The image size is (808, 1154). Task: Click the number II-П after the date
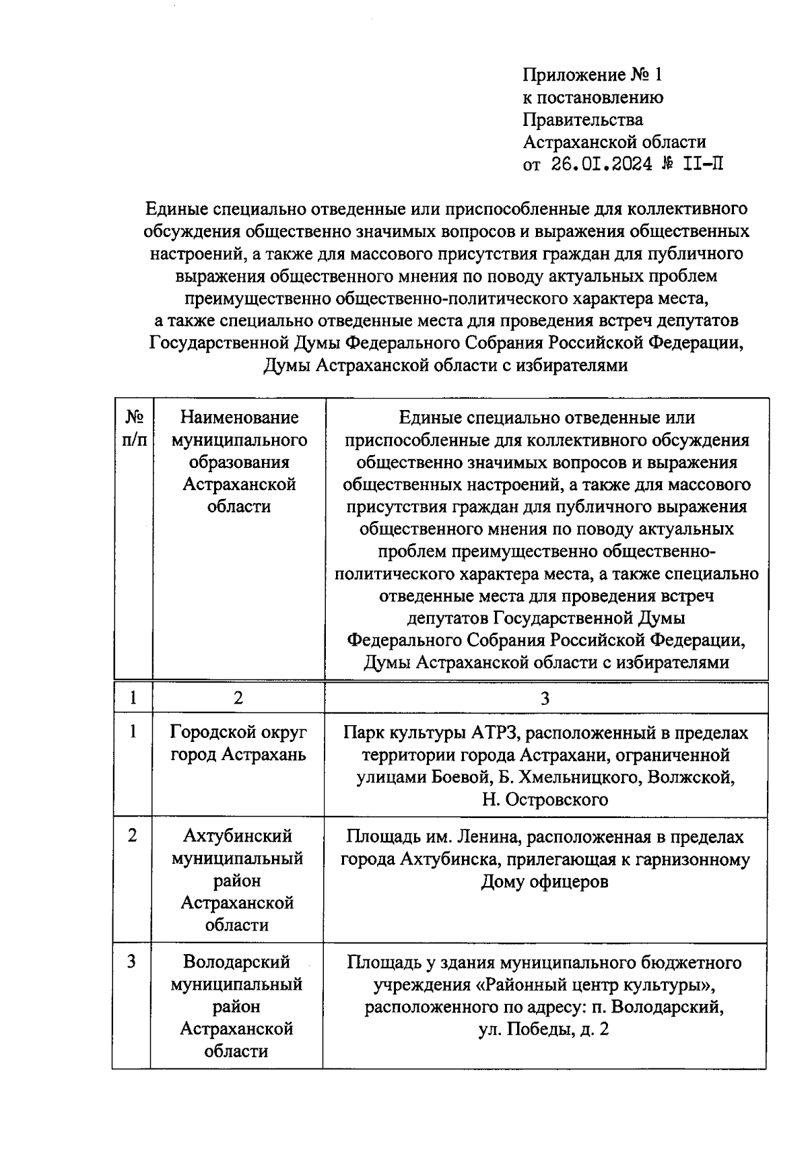tap(703, 164)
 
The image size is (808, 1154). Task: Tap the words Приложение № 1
tap(593, 75)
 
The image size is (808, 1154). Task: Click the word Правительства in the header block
tap(583, 120)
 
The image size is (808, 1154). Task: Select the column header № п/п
tap(133, 428)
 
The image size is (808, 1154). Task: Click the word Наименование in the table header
tap(239, 417)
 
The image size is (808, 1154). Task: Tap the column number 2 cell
tap(238, 698)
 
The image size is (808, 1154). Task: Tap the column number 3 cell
tap(545, 698)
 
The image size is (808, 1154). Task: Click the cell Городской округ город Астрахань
tap(238, 743)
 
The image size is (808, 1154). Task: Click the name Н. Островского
tap(545, 799)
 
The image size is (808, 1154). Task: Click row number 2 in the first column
tap(133, 836)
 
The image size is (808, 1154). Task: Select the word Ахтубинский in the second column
tap(238, 836)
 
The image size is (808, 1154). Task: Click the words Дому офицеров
tap(544, 881)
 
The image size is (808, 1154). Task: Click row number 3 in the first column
tap(132, 962)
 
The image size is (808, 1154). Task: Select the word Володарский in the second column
tap(236, 962)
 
